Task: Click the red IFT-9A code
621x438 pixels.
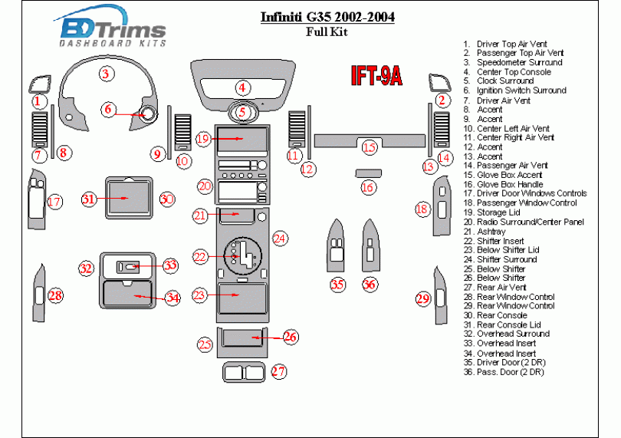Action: click(x=376, y=75)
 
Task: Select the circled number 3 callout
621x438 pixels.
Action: click(x=106, y=74)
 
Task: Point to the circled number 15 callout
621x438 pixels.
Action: click(x=370, y=147)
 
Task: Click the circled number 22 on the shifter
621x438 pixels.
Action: click(x=200, y=255)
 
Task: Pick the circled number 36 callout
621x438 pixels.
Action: click(x=370, y=285)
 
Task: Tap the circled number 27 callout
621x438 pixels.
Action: click(x=279, y=372)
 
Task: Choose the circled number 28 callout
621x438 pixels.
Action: click(x=54, y=296)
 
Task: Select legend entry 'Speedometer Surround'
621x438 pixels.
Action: click(x=519, y=63)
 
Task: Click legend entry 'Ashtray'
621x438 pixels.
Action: click(x=491, y=232)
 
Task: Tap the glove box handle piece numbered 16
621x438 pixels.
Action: click(x=368, y=173)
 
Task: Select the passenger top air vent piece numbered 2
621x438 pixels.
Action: click(x=440, y=84)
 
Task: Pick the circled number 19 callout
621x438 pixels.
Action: click(x=202, y=139)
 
